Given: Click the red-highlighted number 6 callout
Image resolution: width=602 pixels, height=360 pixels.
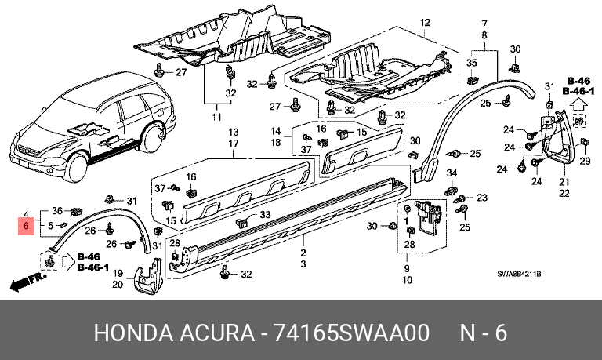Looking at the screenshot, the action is (x=26, y=226).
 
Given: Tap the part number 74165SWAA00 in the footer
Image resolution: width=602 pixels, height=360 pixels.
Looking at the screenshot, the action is (x=350, y=333).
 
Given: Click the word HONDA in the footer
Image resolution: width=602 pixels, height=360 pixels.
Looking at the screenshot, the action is (x=133, y=333).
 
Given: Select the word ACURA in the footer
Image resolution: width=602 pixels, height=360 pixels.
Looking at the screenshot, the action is (x=216, y=333).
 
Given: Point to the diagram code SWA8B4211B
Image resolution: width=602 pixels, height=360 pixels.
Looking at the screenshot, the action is (x=519, y=274).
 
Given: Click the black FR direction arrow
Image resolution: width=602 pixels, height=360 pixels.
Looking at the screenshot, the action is (x=27, y=282).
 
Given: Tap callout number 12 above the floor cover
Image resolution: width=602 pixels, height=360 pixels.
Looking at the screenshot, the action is (x=425, y=23).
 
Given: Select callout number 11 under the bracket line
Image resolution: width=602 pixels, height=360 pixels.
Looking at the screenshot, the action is (x=216, y=117).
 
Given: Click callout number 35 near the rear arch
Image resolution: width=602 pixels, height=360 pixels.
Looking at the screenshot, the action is (x=471, y=63).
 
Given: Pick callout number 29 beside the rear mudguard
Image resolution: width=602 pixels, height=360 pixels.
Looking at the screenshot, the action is (x=585, y=161).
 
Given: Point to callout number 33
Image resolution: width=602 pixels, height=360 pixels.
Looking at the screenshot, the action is (x=265, y=215).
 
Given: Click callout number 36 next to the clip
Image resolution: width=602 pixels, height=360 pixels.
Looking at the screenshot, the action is (x=57, y=210).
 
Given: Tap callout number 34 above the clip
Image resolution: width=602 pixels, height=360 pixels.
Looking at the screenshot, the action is (x=451, y=173).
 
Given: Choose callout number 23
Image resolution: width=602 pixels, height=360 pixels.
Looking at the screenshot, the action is (x=482, y=198).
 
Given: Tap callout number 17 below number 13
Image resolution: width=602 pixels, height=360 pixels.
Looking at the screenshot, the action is (x=234, y=144).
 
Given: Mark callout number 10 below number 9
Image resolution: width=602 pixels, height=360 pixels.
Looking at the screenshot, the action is (x=408, y=280).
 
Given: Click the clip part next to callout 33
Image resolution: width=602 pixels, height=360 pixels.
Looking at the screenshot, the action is (x=243, y=222).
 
